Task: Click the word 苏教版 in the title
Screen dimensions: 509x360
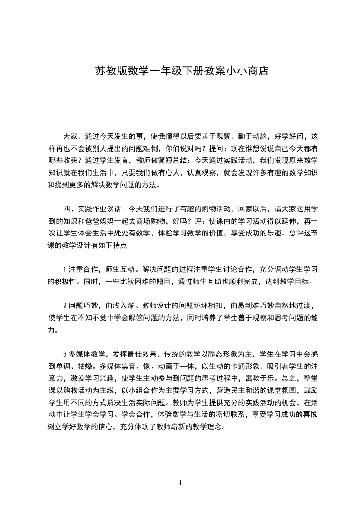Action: (x=106, y=71)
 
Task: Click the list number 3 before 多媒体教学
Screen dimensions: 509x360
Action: (x=65, y=354)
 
